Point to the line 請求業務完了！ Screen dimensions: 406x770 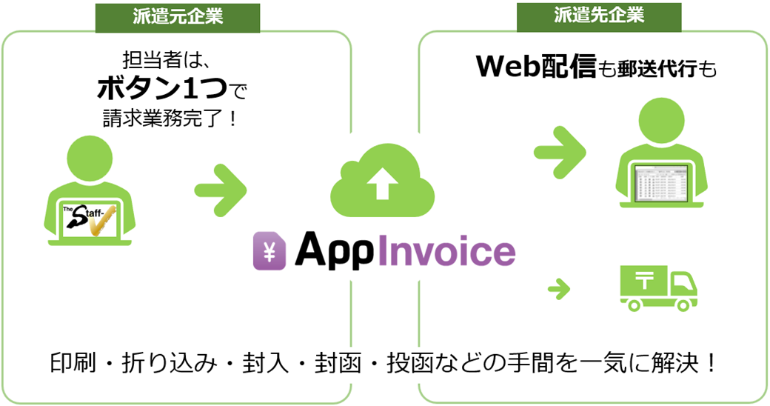click(170, 119)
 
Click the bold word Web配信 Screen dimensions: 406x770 click(536, 67)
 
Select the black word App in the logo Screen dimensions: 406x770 click(335, 252)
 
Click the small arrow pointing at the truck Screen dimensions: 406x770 click(560, 288)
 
